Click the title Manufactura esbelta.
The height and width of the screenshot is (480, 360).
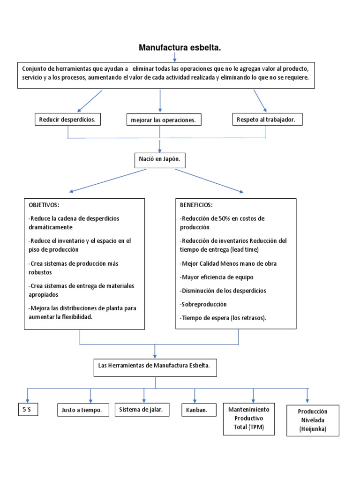(180, 48)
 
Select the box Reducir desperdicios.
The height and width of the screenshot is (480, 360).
(67, 120)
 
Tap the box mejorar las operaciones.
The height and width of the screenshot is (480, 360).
(163, 120)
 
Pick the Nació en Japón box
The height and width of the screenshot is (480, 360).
(159, 160)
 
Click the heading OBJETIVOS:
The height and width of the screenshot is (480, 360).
(44, 205)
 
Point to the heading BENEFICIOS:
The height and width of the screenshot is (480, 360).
(196, 205)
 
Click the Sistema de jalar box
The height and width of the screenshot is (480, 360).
(141, 410)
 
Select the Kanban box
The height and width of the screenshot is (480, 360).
(195, 410)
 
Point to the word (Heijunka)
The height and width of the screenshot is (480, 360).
(313, 429)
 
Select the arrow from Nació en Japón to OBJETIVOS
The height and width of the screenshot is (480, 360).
(108, 180)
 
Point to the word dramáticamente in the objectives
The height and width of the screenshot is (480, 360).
(50, 227)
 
